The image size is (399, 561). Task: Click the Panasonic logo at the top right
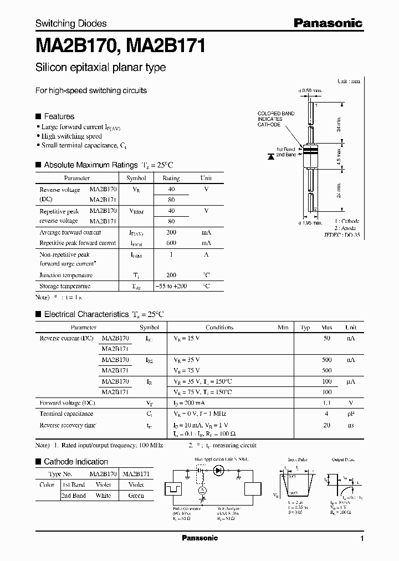(328, 23)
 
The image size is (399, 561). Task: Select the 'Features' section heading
(59, 116)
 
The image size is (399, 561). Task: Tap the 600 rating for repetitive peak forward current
(171, 243)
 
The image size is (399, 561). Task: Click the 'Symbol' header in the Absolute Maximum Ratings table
(136, 178)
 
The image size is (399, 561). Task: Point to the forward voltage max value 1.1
(327, 402)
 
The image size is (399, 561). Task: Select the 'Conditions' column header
(219, 328)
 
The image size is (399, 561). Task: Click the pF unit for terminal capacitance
(351, 414)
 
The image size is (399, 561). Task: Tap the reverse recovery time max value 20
(327, 425)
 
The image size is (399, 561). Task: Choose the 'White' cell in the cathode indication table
(103, 496)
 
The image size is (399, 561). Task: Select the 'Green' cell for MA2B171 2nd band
(135, 496)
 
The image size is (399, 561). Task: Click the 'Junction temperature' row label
(66, 275)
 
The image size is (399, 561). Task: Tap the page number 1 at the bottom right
(362, 539)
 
